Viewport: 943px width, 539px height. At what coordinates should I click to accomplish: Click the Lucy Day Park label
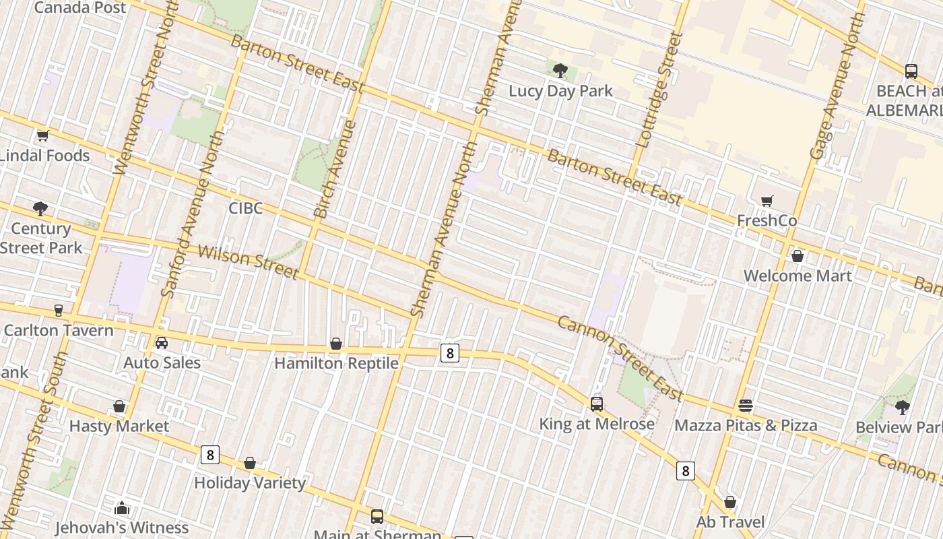coord(560,91)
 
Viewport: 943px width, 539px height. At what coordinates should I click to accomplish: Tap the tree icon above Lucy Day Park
coord(560,70)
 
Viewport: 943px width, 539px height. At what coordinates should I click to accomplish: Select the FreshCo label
coord(767,221)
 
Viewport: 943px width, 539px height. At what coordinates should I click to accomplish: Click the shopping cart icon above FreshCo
coord(767,201)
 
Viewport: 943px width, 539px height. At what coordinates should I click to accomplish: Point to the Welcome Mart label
coord(798,276)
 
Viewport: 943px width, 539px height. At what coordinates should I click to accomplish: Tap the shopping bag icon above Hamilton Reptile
coord(336,344)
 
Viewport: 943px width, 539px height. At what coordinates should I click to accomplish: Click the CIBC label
coord(245,208)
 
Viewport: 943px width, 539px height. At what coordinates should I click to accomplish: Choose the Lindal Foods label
coord(44,156)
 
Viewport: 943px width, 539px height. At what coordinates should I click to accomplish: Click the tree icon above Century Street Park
coord(40,208)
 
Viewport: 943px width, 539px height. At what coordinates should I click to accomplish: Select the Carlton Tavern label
coord(59,330)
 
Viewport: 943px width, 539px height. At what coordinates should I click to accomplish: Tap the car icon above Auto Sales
coord(162,343)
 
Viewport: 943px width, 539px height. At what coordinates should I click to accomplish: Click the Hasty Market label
coord(119,426)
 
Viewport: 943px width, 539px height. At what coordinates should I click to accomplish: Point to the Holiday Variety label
coord(250,483)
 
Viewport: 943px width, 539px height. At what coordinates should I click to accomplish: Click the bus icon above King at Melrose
coord(597,404)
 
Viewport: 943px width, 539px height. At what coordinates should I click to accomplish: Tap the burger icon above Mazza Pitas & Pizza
coord(746,406)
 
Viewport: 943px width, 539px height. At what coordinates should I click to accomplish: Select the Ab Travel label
coord(730,522)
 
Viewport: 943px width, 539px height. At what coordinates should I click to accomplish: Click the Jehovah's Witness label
coord(122,528)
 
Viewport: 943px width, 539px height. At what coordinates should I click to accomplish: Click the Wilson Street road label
coord(248,262)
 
